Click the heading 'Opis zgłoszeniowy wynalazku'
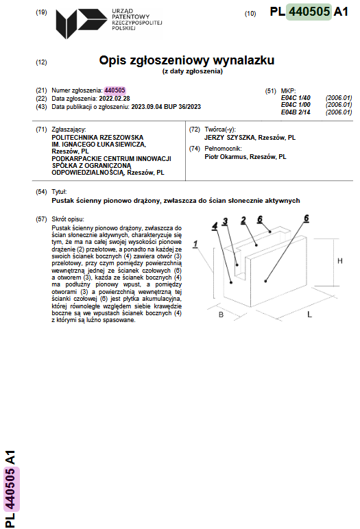tap(187, 60)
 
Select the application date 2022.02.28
tap(115, 99)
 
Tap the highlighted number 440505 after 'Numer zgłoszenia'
tap(115, 90)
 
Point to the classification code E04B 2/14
tap(296, 112)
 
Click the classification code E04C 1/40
tap(296, 98)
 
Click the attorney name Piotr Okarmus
tap(225, 156)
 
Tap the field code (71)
tap(41, 130)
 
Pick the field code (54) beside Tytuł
tap(41, 192)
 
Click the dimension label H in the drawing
tap(339, 261)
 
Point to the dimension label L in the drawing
tap(309, 315)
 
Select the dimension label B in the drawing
tap(221, 315)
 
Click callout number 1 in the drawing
tap(195, 244)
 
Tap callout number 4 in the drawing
tap(215, 226)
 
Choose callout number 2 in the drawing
tap(243, 221)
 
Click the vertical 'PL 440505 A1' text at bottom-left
tap(10, 489)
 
